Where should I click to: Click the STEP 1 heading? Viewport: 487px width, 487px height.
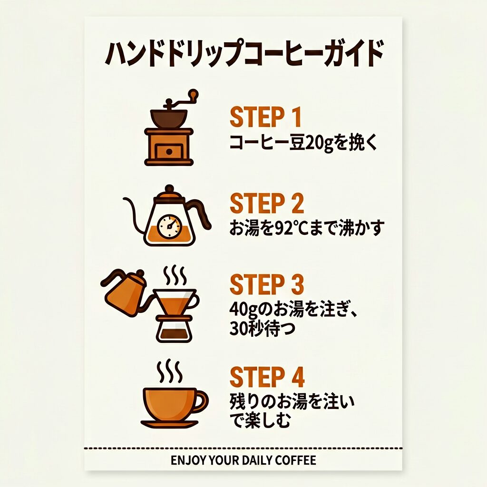click(x=265, y=117)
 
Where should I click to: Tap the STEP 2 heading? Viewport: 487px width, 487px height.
click(x=266, y=203)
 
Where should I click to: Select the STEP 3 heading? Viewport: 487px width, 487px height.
click(x=266, y=284)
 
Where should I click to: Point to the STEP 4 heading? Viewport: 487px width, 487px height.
click(x=267, y=377)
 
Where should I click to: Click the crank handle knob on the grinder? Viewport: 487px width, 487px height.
click(x=194, y=94)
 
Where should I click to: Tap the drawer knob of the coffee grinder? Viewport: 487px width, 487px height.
click(x=169, y=152)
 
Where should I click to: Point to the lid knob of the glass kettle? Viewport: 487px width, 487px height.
click(x=169, y=188)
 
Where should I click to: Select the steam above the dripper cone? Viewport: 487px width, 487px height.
click(x=175, y=275)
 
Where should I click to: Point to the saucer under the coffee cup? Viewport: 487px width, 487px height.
click(x=169, y=424)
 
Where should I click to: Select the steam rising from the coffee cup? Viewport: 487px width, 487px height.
click(x=169, y=371)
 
